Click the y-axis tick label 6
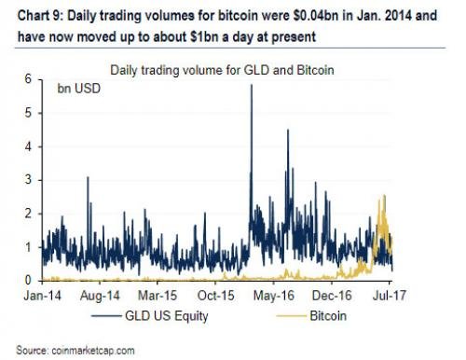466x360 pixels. tap(29, 81)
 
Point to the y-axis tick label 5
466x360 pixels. tap(29, 114)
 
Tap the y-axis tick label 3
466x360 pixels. tap(29, 180)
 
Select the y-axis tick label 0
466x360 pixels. tap(29, 280)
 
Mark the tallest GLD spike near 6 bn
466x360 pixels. tap(251, 87)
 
